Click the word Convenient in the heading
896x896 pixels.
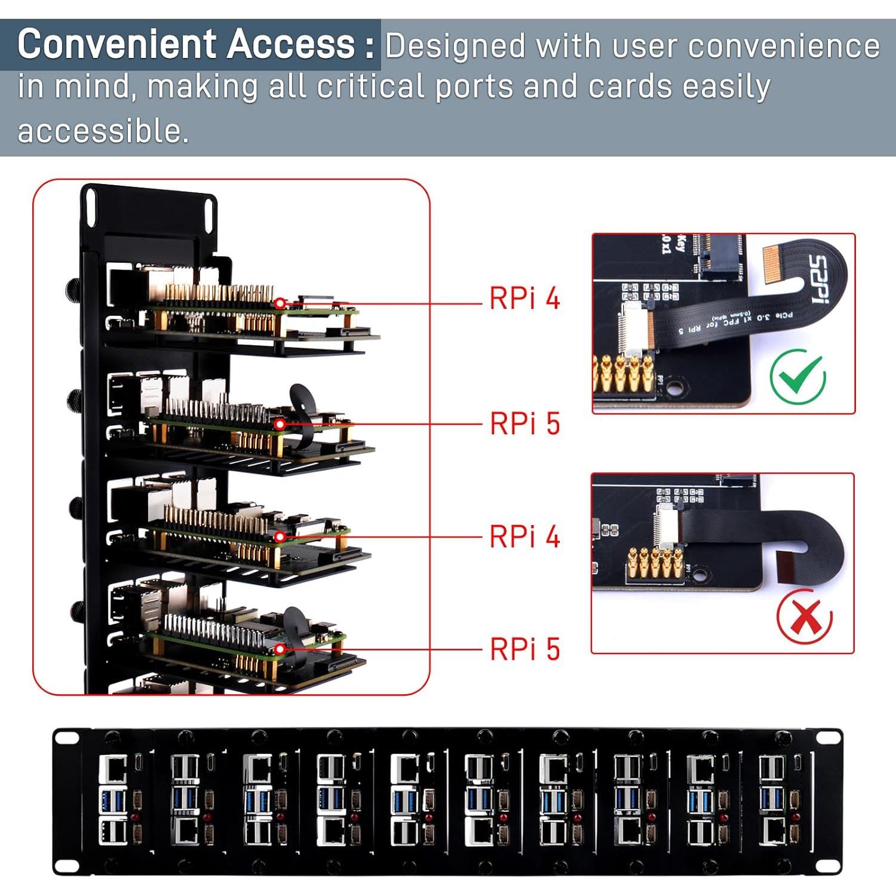point(117,44)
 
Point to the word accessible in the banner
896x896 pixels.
point(102,131)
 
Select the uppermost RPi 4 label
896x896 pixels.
point(524,298)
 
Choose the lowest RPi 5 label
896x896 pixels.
point(524,649)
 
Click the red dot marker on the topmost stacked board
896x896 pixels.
point(280,303)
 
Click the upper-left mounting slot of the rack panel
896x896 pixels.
point(66,738)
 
